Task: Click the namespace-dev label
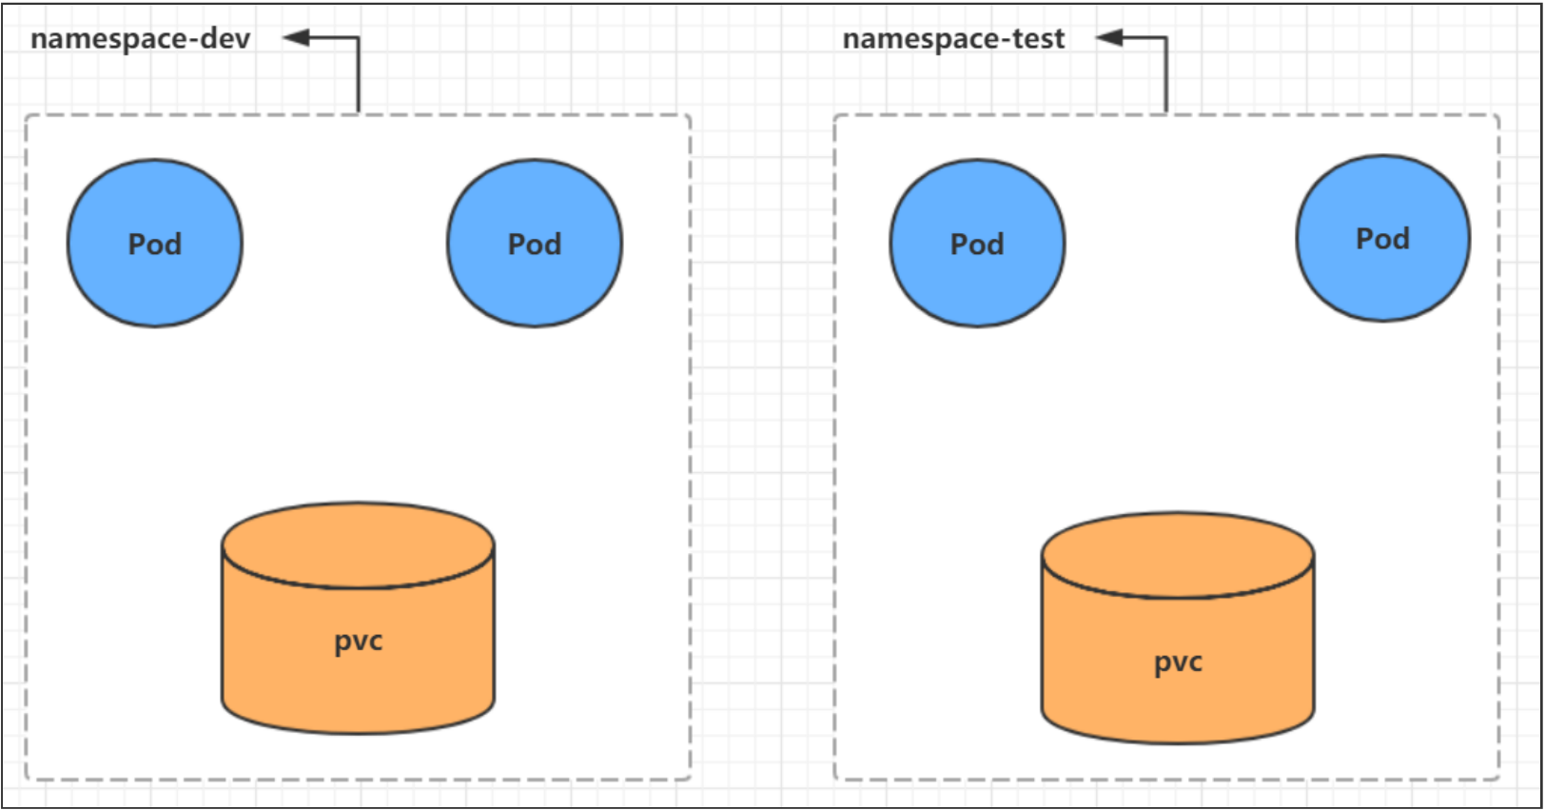(140, 39)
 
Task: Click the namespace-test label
(953, 39)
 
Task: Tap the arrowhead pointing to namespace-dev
(296, 37)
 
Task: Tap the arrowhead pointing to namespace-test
(1109, 37)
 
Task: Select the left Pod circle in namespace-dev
(154, 243)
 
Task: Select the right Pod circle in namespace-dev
(535, 243)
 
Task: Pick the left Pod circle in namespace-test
(977, 243)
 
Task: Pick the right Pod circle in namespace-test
(1383, 238)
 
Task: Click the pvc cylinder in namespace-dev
(358, 618)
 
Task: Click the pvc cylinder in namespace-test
(1178, 628)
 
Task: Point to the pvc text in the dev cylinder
(358, 642)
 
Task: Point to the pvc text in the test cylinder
(1178, 663)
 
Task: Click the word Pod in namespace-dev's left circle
(154, 245)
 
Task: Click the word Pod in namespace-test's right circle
(1383, 239)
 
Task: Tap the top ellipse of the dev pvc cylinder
(358, 545)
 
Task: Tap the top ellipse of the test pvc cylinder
(1178, 555)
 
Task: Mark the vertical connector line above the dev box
(358, 74)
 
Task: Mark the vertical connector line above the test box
(1165, 74)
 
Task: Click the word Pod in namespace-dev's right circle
(535, 245)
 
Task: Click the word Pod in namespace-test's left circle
(977, 245)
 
